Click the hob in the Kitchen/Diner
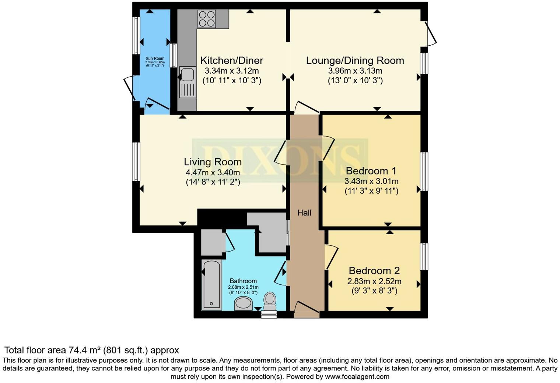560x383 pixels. (x=207, y=18)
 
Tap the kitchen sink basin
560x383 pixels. (x=187, y=74)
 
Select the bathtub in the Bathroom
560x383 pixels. (x=211, y=284)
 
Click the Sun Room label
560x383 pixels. (x=155, y=59)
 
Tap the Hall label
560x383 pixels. (x=304, y=213)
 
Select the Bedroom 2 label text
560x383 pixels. (x=374, y=271)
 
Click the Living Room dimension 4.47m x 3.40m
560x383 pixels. (x=213, y=172)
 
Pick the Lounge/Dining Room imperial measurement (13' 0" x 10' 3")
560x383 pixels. (x=355, y=80)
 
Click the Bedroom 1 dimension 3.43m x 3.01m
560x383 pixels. (x=371, y=181)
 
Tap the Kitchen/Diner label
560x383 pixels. (x=232, y=60)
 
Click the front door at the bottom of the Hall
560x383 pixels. (x=307, y=309)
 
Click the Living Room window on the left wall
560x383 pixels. (x=136, y=162)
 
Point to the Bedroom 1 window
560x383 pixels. (x=424, y=171)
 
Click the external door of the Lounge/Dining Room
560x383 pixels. (x=430, y=34)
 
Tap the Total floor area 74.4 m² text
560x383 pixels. (x=91, y=350)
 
